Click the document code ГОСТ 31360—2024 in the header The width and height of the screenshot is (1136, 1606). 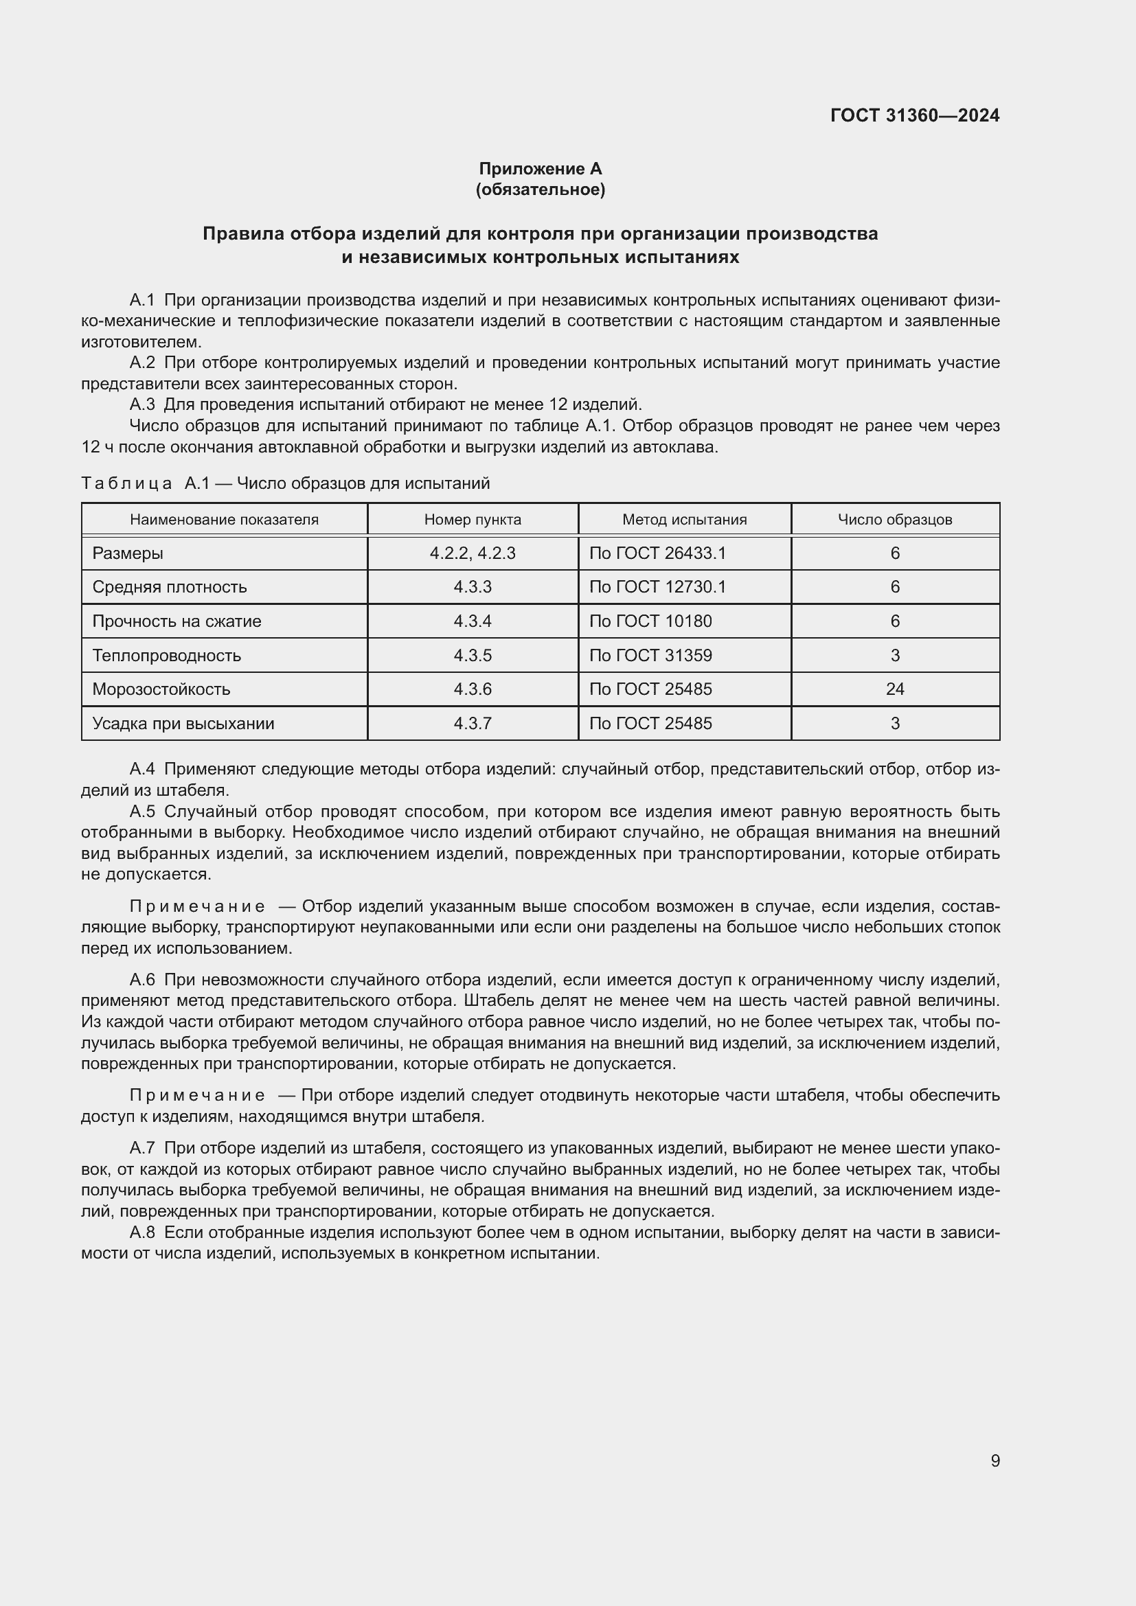pyautogui.click(x=914, y=115)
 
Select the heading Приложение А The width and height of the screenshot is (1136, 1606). pyautogui.click(x=540, y=169)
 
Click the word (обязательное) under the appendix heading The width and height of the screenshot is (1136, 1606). pyautogui.click(x=540, y=190)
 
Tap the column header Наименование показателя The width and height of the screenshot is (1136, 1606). pyautogui.click(x=224, y=520)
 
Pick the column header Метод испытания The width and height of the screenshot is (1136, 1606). pyautogui.click(x=684, y=520)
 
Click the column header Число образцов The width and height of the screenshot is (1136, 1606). pyautogui.click(x=895, y=520)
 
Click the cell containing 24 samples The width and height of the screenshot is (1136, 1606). pyautogui.click(x=895, y=689)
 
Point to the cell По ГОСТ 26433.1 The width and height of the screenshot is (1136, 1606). pyautogui.click(x=657, y=553)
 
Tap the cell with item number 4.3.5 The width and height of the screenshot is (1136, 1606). pyautogui.click(x=472, y=656)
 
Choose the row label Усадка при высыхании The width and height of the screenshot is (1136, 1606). pyautogui.click(x=183, y=723)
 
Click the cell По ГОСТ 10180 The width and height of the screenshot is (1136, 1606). pyautogui.click(x=650, y=621)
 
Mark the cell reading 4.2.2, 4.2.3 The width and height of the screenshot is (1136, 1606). pyautogui.click(x=472, y=553)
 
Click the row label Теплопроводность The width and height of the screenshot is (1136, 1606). pyautogui.click(x=166, y=656)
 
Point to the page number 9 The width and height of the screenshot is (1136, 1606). pyautogui.click(x=995, y=1461)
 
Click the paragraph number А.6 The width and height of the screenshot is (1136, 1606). pyautogui.click(x=142, y=980)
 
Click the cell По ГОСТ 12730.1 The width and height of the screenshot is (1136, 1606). pyautogui.click(x=657, y=587)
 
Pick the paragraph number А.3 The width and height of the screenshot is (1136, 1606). pyautogui.click(x=142, y=404)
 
